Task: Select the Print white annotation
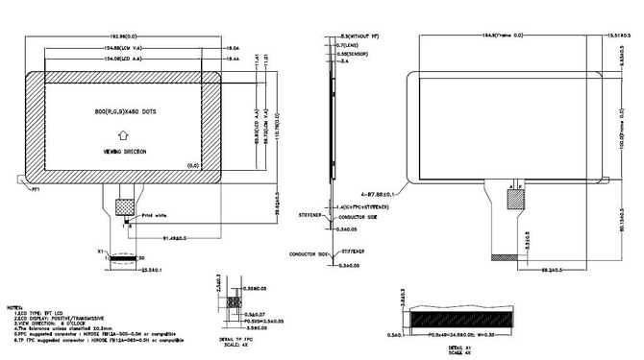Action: tap(155, 216)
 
